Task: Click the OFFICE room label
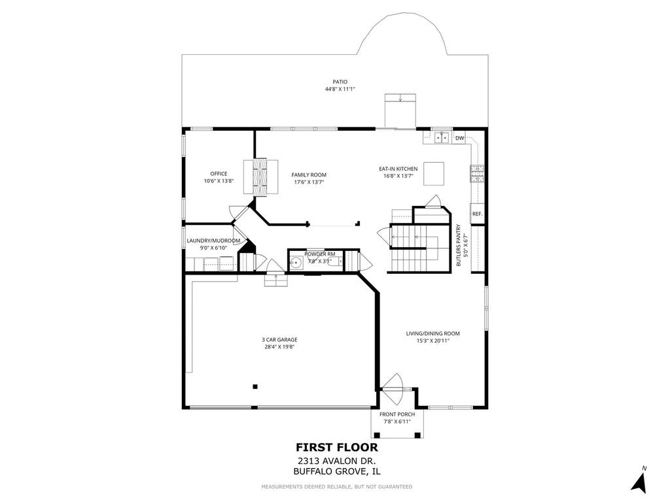pos(219,174)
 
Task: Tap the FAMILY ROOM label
pos(309,175)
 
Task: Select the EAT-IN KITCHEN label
pos(398,169)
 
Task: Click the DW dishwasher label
pos(459,138)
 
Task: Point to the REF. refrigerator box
pos(477,214)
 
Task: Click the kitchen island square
pos(434,173)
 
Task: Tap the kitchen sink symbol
pos(442,138)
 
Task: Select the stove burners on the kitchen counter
pos(477,174)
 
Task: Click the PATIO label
pos(340,82)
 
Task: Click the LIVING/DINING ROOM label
pos(433,333)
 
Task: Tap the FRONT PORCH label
pos(397,414)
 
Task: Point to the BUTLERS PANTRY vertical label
pos(458,246)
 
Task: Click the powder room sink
pos(295,263)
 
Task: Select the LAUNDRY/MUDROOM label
pos(213,241)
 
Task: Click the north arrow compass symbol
pos(639,480)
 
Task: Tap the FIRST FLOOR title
pos(337,447)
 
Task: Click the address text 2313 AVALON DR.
pos(337,461)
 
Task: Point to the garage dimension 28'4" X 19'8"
pos(279,346)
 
